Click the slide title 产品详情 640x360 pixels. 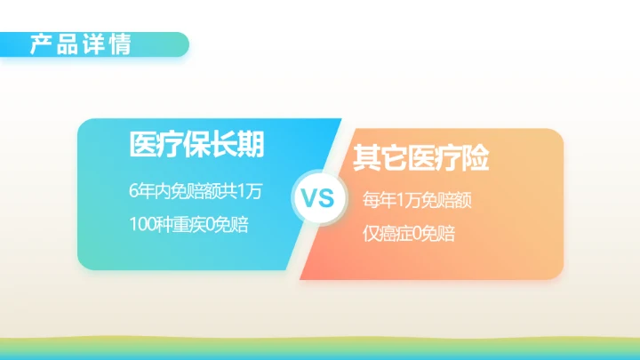(80, 44)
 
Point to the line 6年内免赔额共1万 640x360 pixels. (196, 190)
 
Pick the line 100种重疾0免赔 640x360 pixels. (188, 225)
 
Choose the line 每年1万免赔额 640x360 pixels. (417, 201)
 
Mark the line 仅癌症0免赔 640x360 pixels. (409, 235)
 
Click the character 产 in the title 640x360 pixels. (41, 44)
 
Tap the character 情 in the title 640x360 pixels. (119, 44)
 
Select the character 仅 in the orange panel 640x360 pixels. (371, 235)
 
